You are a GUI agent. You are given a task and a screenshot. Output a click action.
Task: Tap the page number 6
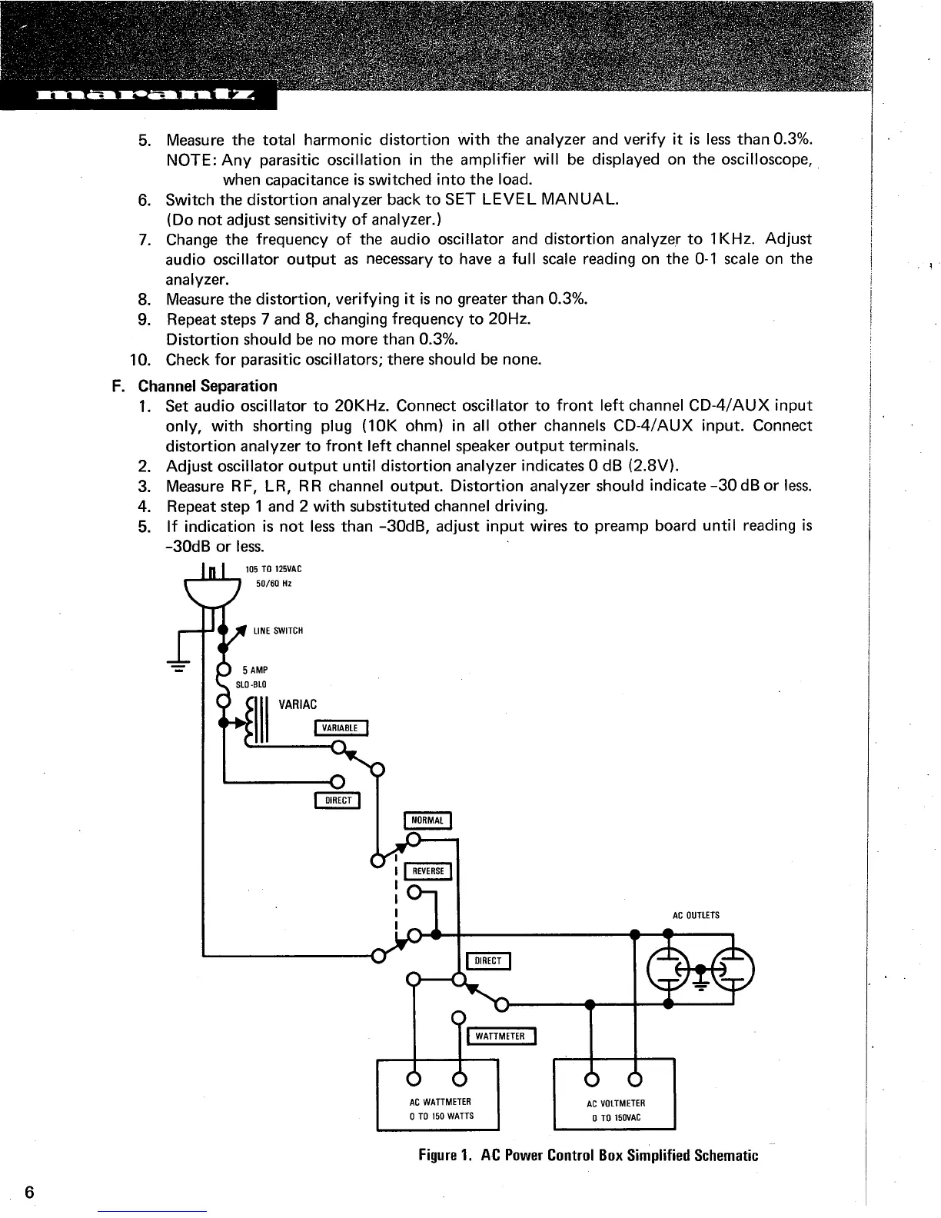point(29,1193)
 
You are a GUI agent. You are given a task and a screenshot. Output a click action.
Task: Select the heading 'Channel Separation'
point(208,385)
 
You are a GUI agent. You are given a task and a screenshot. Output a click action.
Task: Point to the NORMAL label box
point(428,820)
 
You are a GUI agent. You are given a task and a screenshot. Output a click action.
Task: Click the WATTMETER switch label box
point(500,1037)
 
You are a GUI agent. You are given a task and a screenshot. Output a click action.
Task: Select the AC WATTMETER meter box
point(437,1093)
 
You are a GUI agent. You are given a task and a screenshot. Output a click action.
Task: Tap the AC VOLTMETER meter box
point(614,1093)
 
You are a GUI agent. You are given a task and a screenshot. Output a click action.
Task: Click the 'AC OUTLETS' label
point(696,915)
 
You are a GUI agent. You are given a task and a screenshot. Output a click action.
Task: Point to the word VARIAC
point(298,704)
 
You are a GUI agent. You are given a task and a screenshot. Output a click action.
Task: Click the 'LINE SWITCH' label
point(278,631)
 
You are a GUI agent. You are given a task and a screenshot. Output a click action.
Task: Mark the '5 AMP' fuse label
point(255,670)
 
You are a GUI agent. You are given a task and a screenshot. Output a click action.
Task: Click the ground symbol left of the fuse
point(178,665)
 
